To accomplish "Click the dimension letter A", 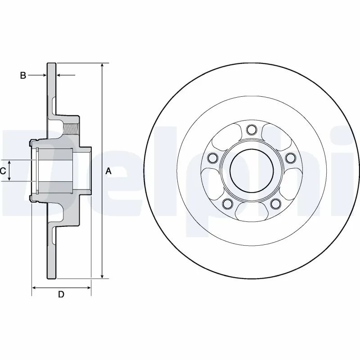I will (x=108, y=171).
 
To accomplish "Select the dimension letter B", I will (x=23, y=76).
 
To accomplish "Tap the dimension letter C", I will (x=3, y=171).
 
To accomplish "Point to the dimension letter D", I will (x=61, y=295).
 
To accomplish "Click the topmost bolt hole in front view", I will (x=251, y=130).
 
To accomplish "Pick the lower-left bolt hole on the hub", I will (x=228, y=204).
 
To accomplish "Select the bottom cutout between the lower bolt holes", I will (x=251, y=207).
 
